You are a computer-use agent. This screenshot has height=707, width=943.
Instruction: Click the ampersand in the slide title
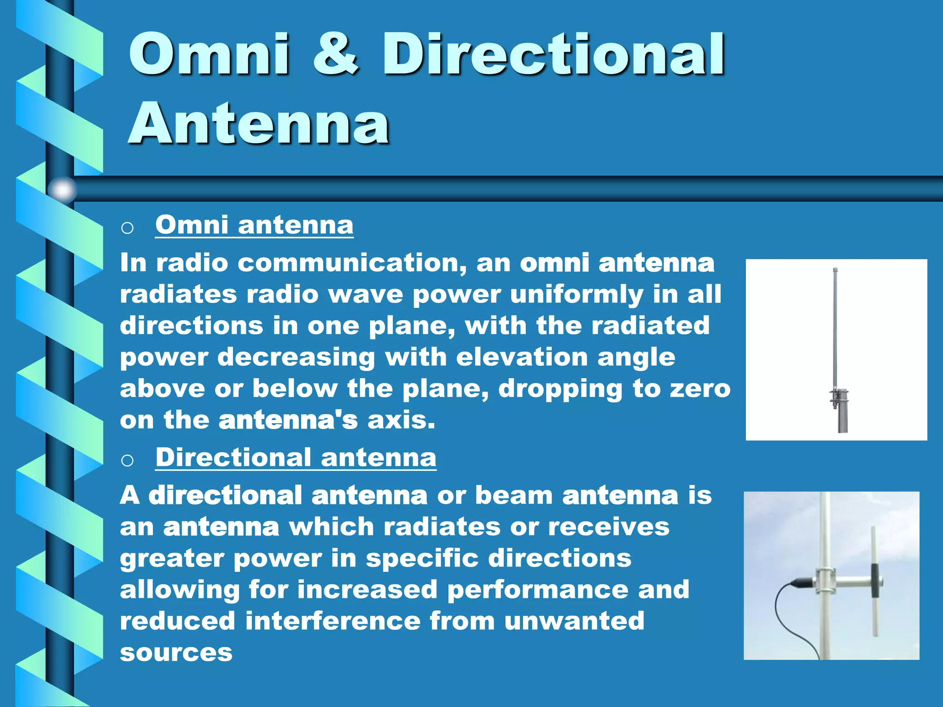335,54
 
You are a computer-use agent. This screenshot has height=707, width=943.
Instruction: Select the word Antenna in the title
259,123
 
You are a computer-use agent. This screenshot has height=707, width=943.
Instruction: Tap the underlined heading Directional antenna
296,458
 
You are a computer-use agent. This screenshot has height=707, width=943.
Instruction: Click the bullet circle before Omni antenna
128,228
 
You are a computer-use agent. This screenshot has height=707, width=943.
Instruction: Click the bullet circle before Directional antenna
128,460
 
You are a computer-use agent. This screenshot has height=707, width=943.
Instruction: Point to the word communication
352,263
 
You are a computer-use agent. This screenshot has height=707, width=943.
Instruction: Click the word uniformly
576,295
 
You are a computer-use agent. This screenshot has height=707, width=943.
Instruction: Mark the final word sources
176,652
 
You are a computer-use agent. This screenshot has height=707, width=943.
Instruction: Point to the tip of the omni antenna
835,270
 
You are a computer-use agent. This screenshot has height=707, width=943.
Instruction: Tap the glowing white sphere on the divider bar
62,189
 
